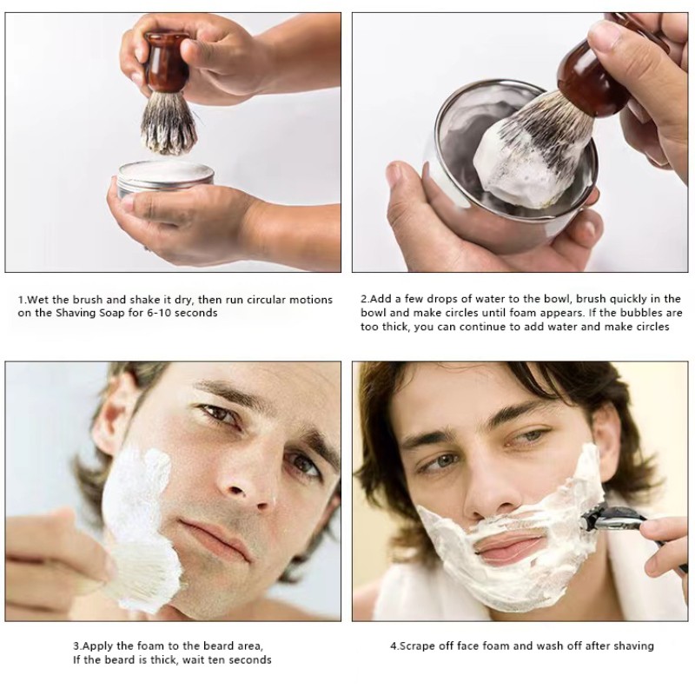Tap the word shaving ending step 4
click(632, 646)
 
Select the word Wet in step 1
click(37, 300)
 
